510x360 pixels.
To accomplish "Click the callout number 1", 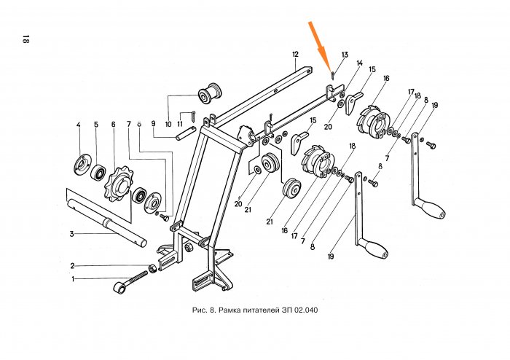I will click(x=73, y=278).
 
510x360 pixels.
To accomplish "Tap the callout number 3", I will click(x=72, y=234).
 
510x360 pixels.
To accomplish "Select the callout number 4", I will click(x=78, y=125).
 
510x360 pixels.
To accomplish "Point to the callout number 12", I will click(x=295, y=55).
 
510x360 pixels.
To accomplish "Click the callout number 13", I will click(x=345, y=55).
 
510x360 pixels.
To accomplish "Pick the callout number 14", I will click(x=359, y=64).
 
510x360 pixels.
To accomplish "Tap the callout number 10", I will click(x=168, y=125).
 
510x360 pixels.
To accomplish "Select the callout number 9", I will click(x=154, y=124).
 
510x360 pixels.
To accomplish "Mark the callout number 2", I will click(x=73, y=265).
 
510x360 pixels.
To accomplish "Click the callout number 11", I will click(x=180, y=125).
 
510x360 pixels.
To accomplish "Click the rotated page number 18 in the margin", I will click(x=25, y=39).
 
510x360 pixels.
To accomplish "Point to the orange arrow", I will click(x=321, y=44).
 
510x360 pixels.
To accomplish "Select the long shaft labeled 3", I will click(x=109, y=225).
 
